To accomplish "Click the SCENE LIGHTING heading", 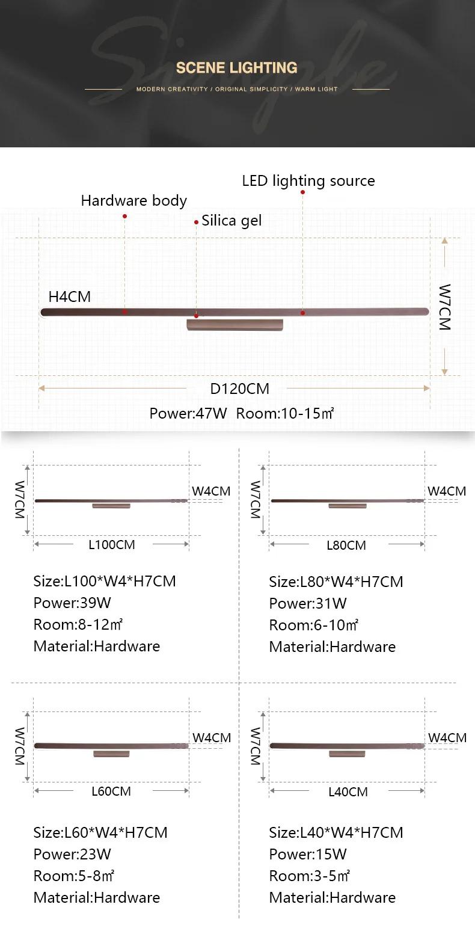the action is pyautogui.click(x=236, y=68).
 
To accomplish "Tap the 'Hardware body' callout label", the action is pyautogui.click(x=134, y=201).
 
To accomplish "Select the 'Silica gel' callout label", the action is pyautogui.click(x=231, y=221).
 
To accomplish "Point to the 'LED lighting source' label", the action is pyautogui.click(x=308, y=181).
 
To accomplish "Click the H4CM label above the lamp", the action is pyautogui.click(x=69, y=297).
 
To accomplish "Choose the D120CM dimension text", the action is pyautogui.click(x=240, y=389).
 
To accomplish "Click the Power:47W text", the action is pyautogui.click(x=188, y=413).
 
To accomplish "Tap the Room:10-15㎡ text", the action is pyautogui.click(x=285, y=413).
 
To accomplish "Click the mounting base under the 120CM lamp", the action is pyautogui.click(x=235, y=325).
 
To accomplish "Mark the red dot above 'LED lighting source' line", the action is pyautogui.click(x=302, y=192).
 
